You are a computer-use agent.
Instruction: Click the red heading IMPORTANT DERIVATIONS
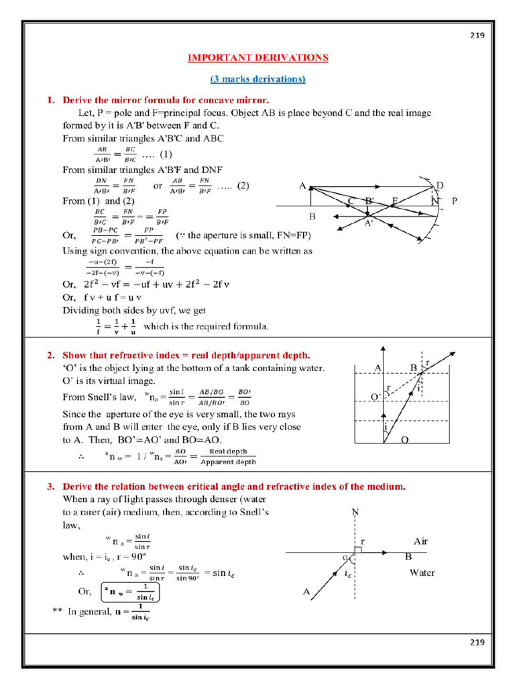coord(258,58)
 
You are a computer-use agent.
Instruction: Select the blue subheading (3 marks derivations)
coord(258,79)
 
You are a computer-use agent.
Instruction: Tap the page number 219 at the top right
coord(476,36)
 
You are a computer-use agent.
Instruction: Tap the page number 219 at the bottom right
coord(476,642)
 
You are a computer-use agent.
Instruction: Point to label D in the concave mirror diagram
coord(439,185)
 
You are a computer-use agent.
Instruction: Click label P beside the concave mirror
coord(455,201)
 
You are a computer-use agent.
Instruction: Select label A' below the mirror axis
coord(369,225)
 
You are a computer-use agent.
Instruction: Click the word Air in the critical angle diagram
coord(421,541)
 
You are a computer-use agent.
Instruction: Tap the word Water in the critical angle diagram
coord(422,573)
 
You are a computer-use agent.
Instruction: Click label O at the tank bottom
coord(404,439)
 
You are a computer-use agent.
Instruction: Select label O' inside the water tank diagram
coord(376,397)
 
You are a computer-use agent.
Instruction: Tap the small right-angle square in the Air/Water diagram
coord(358,549)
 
